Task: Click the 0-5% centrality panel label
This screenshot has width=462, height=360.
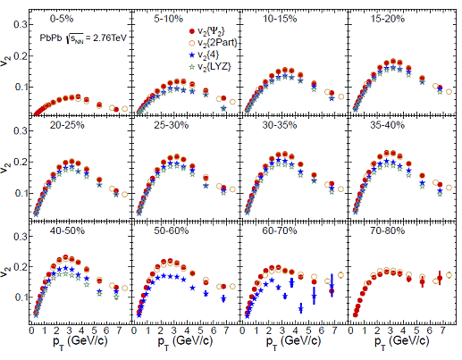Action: (x=62, y=19)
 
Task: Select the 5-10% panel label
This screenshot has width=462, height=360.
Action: (x=168, y=19)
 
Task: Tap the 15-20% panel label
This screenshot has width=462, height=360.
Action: (x=388, y=19)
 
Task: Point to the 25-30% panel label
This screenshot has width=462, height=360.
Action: (x=171, y=125)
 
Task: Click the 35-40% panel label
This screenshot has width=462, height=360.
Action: (x=388, y=125)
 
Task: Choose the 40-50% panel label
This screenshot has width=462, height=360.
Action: (x=67, y=230)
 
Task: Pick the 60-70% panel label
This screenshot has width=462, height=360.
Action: (x=280, y=230)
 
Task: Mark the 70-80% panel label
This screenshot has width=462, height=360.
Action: (x=388, y=230)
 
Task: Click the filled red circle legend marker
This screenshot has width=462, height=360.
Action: (x=192, y=31)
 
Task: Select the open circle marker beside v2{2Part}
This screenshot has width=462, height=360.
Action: (x=192, y=43)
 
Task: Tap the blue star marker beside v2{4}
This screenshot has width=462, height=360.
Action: (x=192, y=55)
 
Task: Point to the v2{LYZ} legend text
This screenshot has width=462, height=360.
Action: (x=214, y=67)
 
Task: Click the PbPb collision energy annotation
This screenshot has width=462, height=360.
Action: (x=83, y=38)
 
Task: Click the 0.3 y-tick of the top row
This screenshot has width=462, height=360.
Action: (x=21, y=24)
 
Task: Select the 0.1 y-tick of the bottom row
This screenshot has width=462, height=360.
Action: (x=21, y=297)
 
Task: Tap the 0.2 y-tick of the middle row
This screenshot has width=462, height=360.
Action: (x=21, y=162)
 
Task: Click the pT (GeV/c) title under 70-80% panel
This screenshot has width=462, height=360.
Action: (x=402, y=342)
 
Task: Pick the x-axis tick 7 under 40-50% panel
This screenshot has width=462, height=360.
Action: (x=119, y=331)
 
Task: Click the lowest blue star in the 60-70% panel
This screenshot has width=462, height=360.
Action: (x=301, y=309)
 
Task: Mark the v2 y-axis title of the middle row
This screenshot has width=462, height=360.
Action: (x=6, y=169)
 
